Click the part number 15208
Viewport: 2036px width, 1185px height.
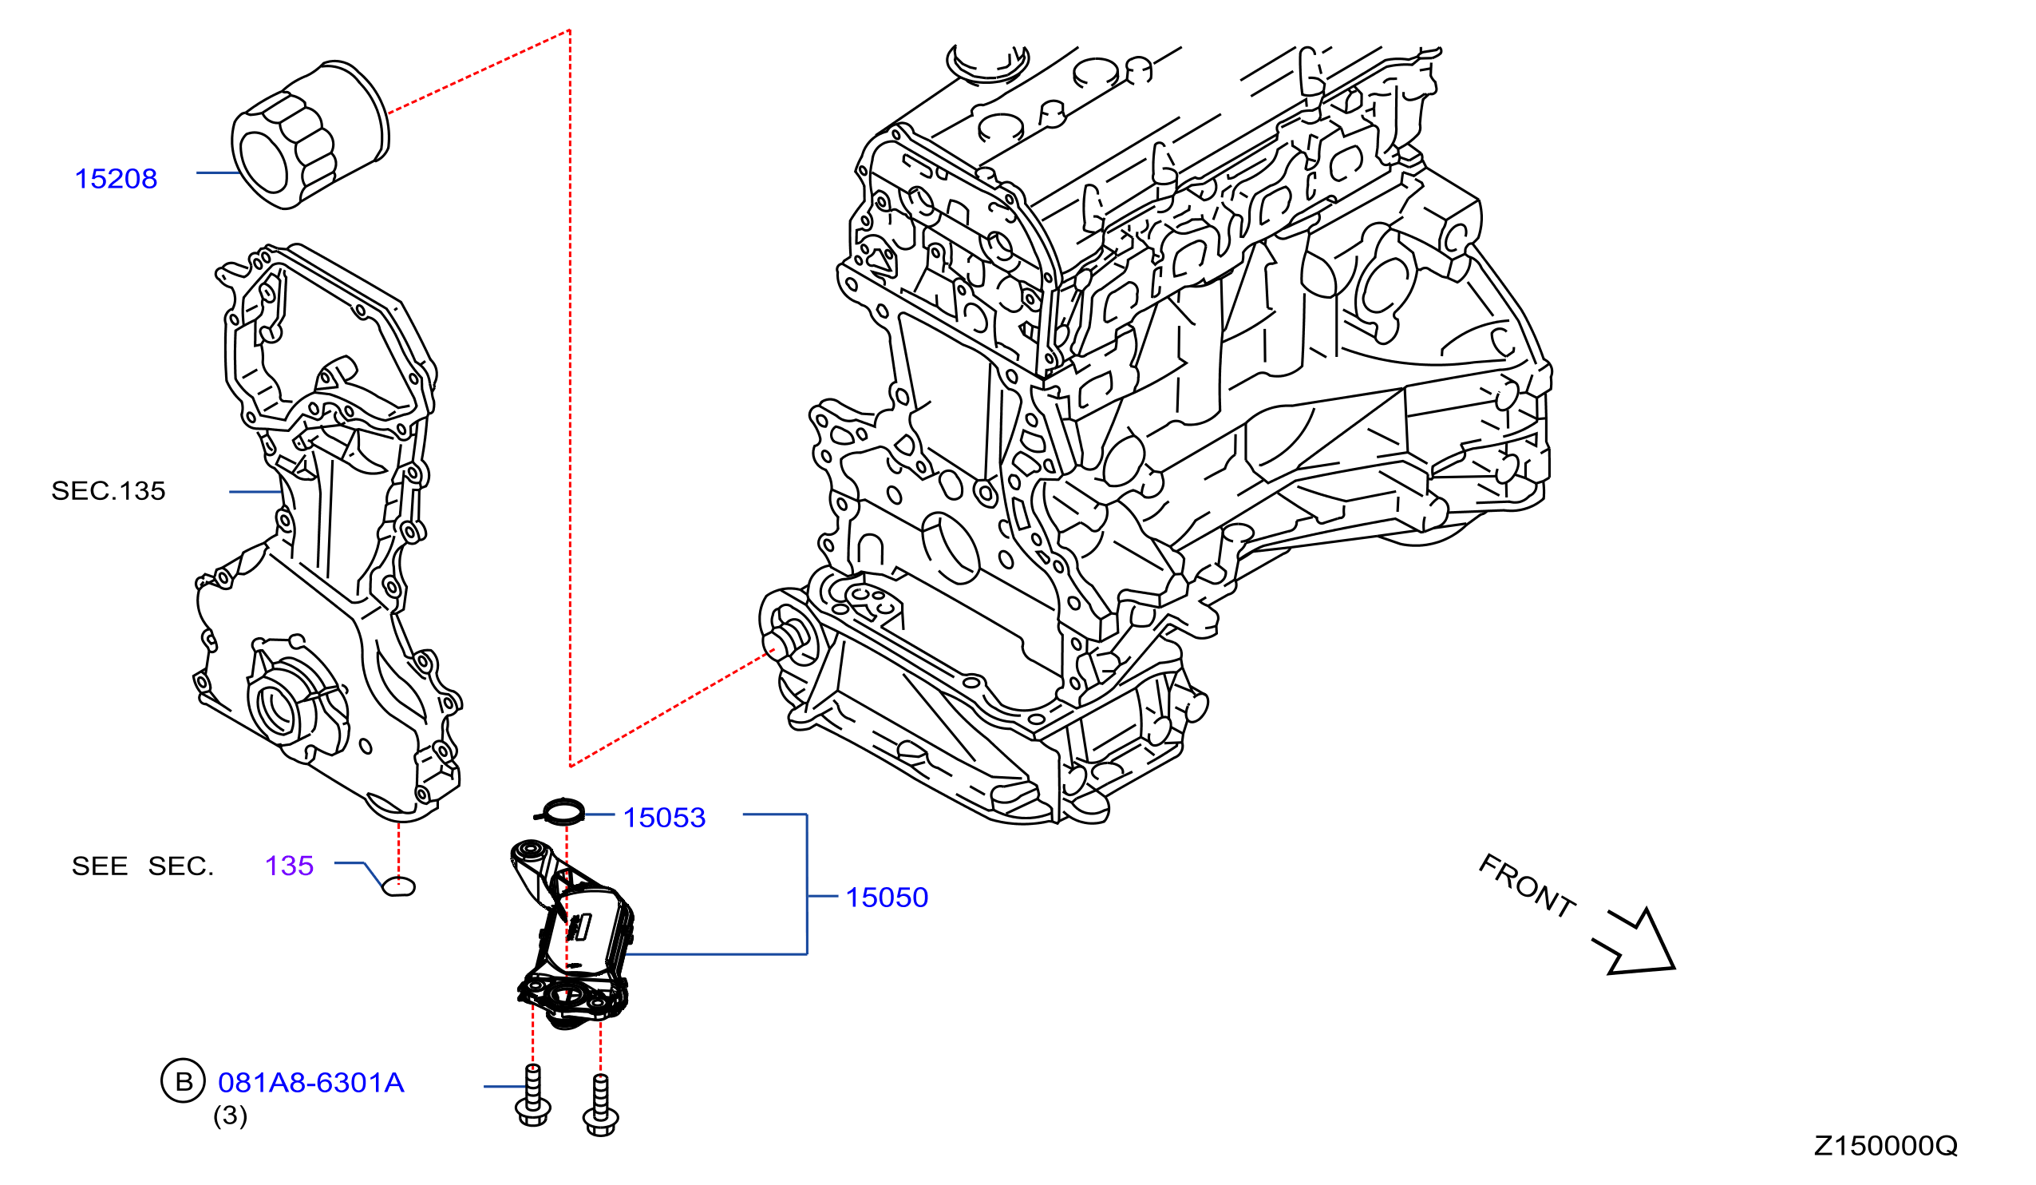(116, 180)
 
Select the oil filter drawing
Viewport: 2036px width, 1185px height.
(310, 135)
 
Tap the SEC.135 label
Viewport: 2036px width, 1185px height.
(109, 491)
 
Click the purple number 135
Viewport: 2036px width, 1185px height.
(289, 866)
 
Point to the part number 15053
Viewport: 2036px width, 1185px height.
(664, 818)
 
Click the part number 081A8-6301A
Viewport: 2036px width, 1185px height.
(311, 1083)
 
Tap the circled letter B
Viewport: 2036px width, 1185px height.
(184, 1081)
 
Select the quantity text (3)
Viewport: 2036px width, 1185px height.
(231, 1116)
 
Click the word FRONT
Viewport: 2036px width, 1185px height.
(1526, 886)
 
